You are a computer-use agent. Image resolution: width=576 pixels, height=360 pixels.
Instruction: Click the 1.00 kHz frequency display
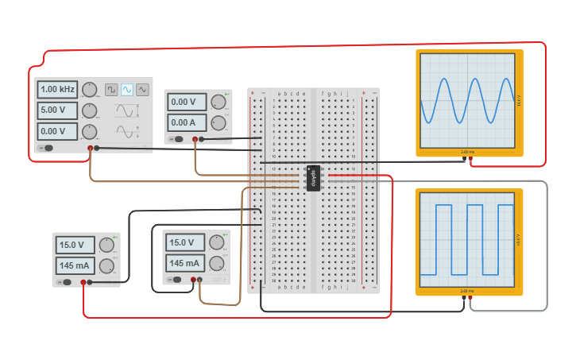pos(57,89)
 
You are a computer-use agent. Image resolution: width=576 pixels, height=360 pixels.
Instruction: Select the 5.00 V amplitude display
pos(57,110)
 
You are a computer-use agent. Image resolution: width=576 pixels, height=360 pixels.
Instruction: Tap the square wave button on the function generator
pos(112,89)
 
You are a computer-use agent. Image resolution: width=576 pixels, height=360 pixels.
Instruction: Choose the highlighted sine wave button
pos(127,89)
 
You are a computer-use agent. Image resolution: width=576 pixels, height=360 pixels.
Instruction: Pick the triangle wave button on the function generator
pos(142,89)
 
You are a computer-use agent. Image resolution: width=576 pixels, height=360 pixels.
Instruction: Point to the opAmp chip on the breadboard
pos(313,178)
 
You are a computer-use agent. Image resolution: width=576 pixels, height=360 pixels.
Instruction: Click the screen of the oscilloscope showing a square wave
pos(469,241)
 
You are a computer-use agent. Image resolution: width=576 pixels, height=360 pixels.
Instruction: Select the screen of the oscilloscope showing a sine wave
pos(469,100)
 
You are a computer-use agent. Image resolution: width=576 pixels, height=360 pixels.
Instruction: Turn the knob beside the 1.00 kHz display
pos(90,89)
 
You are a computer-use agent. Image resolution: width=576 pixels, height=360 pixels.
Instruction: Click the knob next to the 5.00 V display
pos(90,110)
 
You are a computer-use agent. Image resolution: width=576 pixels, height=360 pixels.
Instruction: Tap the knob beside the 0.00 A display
pos(216,122)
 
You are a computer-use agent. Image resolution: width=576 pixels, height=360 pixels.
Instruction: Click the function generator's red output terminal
pos(89,148)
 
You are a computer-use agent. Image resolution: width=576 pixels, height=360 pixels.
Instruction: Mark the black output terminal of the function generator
pos(97,148)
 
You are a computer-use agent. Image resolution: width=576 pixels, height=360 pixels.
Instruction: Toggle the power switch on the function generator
pos(48,148)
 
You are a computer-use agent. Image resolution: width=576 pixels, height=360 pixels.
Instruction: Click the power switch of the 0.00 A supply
pos(179,139)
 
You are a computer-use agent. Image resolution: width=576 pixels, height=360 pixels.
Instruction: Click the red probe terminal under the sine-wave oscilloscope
pos(471,158)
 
